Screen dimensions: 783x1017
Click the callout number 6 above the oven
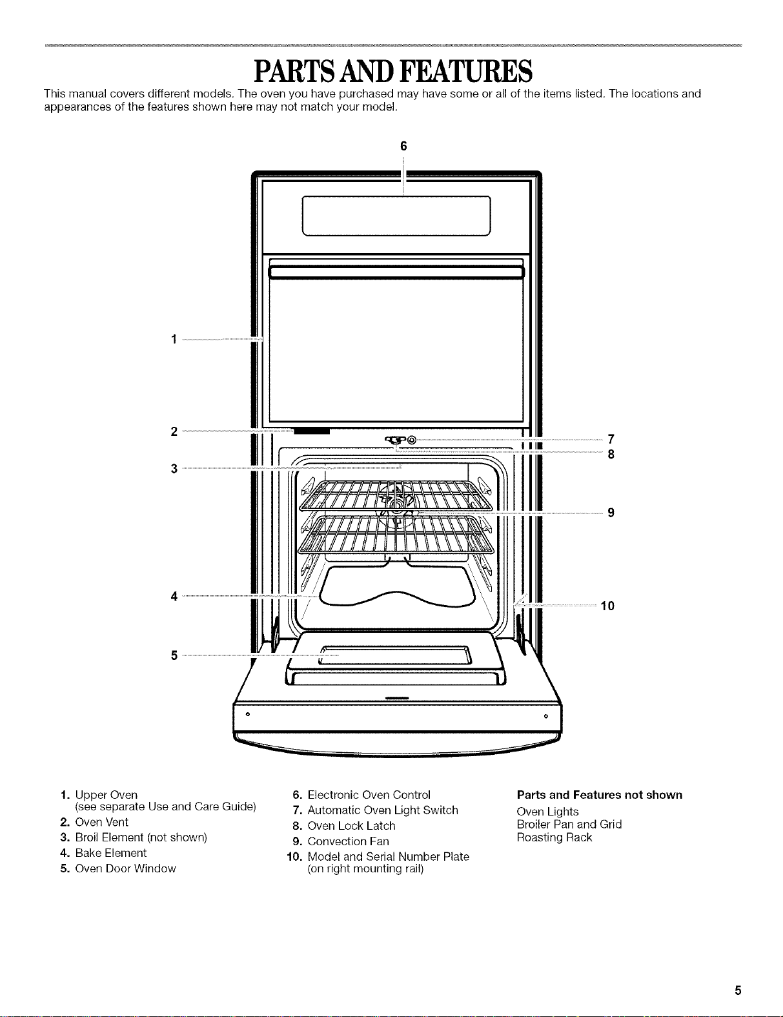[x=403, y=146]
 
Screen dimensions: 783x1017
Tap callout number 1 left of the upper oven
[x=174, y=339]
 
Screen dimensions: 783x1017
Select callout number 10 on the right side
[x=607, y=606]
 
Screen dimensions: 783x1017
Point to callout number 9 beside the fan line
[x=611, y=513]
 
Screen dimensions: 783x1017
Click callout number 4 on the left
[x=174, y=597]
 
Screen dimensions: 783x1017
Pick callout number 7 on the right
[x=611, y=439]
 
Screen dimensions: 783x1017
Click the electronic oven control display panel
[x=396, y=216]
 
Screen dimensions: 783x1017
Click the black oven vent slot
[x=312, y=431]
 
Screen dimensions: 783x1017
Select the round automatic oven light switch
[x=412, y=440]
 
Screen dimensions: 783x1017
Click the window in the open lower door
[x=396, y=655]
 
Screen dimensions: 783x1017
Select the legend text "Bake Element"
[x=111, y=853]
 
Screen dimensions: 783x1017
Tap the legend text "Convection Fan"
[x=348, y=841]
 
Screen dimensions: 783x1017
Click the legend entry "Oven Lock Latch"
[x=351, y=826]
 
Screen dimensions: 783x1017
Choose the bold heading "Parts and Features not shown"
[x=599, y=795]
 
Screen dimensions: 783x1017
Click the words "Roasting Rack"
[x=554, y=837]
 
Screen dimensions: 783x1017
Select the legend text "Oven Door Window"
[x=125, y=868]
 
